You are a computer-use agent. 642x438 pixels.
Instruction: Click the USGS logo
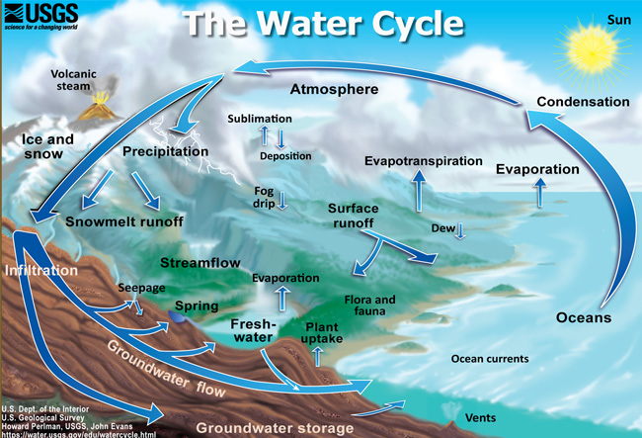point(40,17)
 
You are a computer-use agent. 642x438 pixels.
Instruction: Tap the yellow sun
point(592,53)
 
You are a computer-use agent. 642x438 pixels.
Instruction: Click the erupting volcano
point(98,106)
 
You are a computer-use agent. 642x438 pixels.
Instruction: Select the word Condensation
point(583,102)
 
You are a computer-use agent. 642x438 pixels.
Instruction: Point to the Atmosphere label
point(334,89)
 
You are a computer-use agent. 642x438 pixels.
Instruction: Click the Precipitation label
point(165,151)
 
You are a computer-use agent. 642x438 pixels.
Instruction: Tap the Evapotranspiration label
point(424,161)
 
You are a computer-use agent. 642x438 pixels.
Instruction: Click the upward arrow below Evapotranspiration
point(419,191)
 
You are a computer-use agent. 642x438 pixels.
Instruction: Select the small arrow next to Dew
point(460,230)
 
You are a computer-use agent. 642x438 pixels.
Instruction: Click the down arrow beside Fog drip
point(282,200)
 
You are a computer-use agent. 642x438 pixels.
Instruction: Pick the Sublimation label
point(260,119)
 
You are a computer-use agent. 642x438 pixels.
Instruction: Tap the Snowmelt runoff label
point(124,221)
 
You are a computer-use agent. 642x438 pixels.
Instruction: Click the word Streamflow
point(201,263)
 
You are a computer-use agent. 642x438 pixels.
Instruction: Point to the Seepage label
point(141,288)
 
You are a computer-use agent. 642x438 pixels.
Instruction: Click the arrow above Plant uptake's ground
point(317,356)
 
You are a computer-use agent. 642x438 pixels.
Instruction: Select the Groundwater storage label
point(275,428)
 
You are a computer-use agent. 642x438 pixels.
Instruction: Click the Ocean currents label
point(490,359)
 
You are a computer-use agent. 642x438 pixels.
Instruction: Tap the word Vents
point(480,418)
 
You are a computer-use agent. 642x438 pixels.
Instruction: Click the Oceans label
point(584,317)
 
